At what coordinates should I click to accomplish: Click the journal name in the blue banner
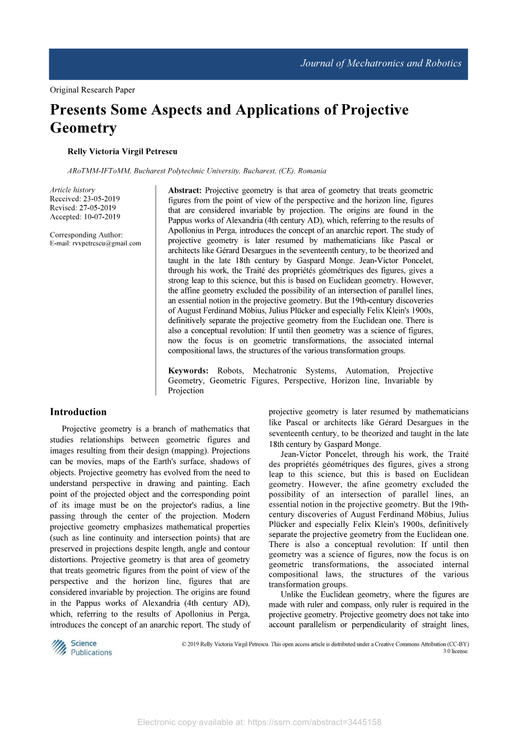pyautogui.click(x=381, y=63)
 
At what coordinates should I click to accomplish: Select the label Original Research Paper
pyautogui.click(x=92, y=90)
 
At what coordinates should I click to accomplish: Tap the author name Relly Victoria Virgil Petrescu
pyautogui.click(x=122, y=152)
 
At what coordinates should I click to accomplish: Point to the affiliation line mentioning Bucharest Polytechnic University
pyautogui.click(x=197, y=171)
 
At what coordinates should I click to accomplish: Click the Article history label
pyautogui.click(x=72, y=190)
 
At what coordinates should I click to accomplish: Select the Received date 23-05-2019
pyautogui.click(x=101, y=199)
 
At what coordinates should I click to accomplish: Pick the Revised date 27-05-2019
pyautogui.click(x=100, y=208)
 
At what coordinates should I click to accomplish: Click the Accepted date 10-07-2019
pyautogui.click(x=101, y=217)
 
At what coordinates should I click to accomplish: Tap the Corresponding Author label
pyautogui.click(x=86, y=235)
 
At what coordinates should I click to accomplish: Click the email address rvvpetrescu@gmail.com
pyautogui.click(x=107, y=244)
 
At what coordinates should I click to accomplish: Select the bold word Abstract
pyautogui.click(x=184, y=190)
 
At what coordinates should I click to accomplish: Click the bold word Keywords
pyautogui.click(x=188, y=371)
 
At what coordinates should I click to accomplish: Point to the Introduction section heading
pyautogui.click(x=78, y=412)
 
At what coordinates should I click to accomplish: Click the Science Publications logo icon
pyautogui.click(x=59, y=648)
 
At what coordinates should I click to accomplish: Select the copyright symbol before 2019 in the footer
pyautogui.click(x=184, y=645)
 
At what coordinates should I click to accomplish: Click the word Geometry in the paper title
pyautogui.click(x=83, y=128)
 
